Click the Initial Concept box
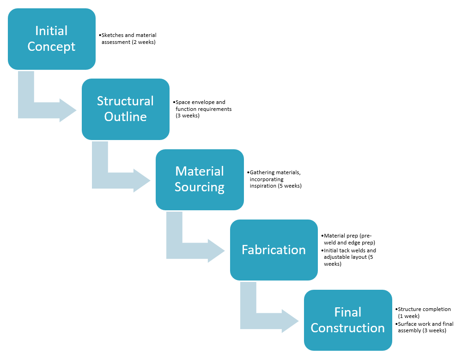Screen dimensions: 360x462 [x=51, y=39]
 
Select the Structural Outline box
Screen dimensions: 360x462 [x=125, y=109]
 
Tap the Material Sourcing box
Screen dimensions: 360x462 [x=200, y=179]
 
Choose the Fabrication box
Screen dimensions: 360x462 [x=274, y=250]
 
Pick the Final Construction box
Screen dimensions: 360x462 [x=347, y=320]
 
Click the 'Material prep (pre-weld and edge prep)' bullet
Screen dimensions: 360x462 [x=349, y=239]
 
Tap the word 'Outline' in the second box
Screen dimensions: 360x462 [x=125, y=117]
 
